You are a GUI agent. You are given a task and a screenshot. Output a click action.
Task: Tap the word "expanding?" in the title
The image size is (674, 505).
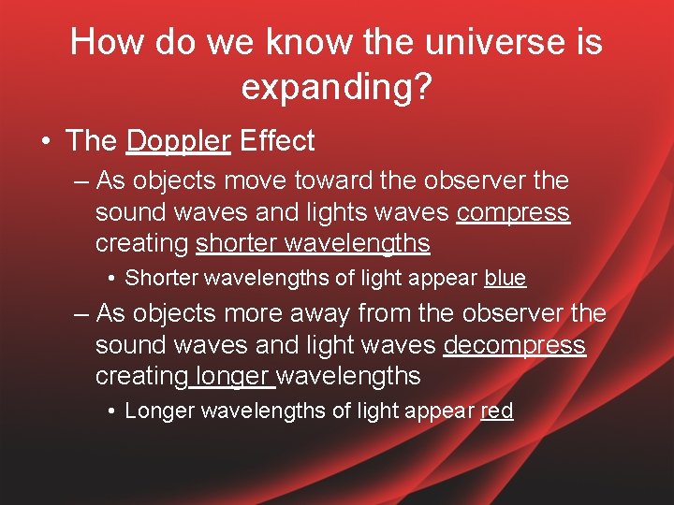(336, 86)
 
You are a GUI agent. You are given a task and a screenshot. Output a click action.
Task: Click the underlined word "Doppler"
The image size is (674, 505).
(178, 142)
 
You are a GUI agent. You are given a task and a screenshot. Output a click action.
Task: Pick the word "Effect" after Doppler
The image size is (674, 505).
(277, 142)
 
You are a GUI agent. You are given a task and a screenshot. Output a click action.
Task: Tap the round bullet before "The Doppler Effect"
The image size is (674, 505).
(45, 142)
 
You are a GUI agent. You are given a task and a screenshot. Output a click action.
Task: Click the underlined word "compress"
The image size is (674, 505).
(513, 213)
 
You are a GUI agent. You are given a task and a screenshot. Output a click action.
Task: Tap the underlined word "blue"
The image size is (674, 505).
(505, 279)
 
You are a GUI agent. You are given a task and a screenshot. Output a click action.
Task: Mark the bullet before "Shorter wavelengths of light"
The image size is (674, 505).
(110, 279)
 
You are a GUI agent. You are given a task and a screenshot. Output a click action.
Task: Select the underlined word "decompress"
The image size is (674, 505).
(514, 346)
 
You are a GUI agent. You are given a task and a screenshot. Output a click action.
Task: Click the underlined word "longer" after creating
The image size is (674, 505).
(234, 378)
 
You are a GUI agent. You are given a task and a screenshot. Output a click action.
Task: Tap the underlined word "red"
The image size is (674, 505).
(496, 411)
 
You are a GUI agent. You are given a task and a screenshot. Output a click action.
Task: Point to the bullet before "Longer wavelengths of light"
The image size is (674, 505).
(110, 411)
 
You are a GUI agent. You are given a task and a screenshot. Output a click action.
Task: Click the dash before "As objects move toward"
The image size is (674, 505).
(81, 180)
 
